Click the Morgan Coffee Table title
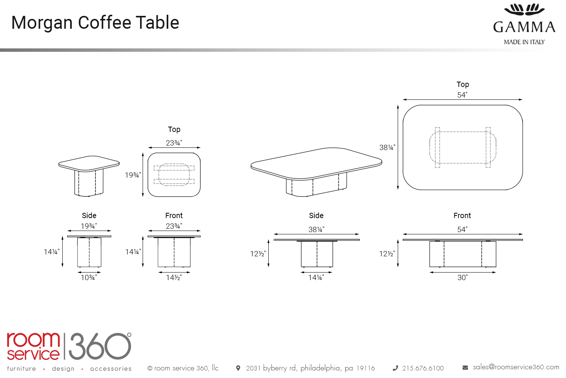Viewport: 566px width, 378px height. [x=95, y=23]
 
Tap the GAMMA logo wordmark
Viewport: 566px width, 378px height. [x=524, y=27]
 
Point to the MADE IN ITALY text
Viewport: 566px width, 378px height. [x=524, y=42]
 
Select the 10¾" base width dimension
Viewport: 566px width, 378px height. [x=89, y=278]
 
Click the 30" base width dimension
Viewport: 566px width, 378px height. [x=462, y=278]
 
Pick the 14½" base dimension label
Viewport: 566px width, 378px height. [x=174, y=278]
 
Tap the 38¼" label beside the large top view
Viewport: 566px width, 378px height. [x=387, y=147]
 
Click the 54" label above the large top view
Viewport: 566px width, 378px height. [x=462, y=95]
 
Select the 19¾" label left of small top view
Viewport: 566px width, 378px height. [x=133, y=175]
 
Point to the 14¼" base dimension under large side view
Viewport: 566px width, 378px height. [x=316, y=278]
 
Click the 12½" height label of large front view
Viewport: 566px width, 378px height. [x=387, y=254]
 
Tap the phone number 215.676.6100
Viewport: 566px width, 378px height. [x=423, y=368]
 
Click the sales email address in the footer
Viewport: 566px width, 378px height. [x=516, y=367]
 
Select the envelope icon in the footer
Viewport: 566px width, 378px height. [x=465, y=368]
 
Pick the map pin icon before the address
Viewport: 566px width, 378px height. [x=238, y=368]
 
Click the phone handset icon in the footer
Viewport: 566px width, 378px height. [x=395, y=368]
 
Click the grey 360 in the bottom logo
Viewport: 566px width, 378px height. [x=100, y=346]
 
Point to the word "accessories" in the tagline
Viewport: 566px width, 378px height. [x=111, y=369]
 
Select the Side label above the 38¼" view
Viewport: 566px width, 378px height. [x=316, y=215]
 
